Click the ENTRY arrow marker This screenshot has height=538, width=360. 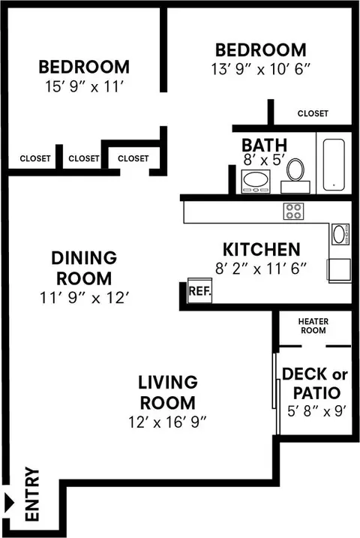(9, 503)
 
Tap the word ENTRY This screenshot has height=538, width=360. (32, 494)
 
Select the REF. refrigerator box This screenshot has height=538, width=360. (199, 290)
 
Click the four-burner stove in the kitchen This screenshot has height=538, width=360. (293, 211)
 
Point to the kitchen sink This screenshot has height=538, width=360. (340, 234)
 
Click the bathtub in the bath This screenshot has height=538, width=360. (334, 164)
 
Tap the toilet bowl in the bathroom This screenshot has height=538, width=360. (295, 170)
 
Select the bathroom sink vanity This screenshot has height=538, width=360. (256, 182)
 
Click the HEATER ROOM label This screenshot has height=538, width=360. (313, 326)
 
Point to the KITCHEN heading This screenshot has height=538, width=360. (262, 249)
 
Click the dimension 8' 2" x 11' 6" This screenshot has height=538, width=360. (260, 269)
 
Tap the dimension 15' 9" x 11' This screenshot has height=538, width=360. (84, 86)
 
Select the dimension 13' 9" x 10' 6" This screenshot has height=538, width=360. (260, 69)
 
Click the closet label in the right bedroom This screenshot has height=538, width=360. (313, 113)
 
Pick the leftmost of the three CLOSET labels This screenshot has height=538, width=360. (35, 158)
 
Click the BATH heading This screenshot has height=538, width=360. (264, 145)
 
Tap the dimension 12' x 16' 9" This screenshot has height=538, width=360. (168, 422)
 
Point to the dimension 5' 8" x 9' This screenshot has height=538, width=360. (316, 411)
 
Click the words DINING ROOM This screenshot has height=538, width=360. (84, 268)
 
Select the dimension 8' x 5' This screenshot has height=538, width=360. (264, 161)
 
